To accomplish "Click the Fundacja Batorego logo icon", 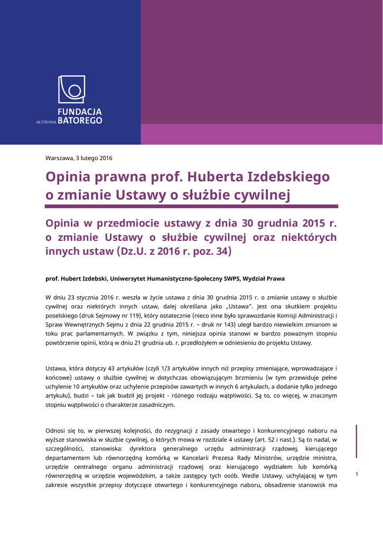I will (71, 89).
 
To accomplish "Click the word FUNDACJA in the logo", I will (79, 112).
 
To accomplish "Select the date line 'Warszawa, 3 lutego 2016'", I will (79, 158).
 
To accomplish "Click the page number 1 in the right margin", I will (357, 474).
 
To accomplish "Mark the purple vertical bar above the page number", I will (357, 441).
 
